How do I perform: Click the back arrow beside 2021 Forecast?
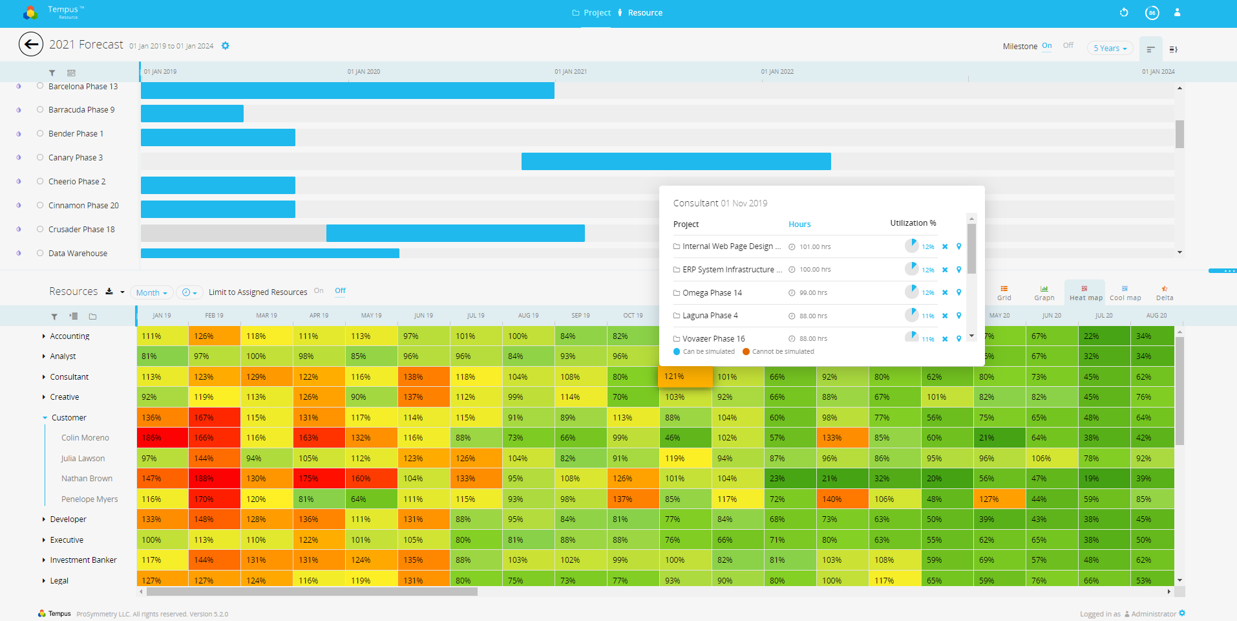click(x=31, y=45)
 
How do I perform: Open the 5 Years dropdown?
click(x=1110, y=49)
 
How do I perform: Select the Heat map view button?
click(x=1085, y=293)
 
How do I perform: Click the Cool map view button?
click(x=1125, y=293)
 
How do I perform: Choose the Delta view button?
click(x=1164, y=293)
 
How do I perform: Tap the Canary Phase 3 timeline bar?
click(x=676, y=162)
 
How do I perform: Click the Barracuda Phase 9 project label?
click(x=81, y=110)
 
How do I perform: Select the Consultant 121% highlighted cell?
click(x=685, y=376)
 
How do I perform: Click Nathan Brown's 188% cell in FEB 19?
click(x=214, y=479)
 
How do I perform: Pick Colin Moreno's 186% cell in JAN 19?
click(x=162, y=438)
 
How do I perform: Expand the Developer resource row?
click(x=44, y=519)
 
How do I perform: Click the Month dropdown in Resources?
click(x=152, y=292)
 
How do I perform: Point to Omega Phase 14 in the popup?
click(x=712, y=293)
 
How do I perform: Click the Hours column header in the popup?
click(x=799, y=224)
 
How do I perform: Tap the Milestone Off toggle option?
click(x=1068, y=45)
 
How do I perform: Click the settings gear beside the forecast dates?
click(x=226, y=46)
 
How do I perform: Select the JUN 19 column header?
click(x=423, y=316)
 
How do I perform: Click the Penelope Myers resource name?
click(x=89, y=499)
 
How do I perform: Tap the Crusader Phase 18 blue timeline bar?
click(x=455, y=234)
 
